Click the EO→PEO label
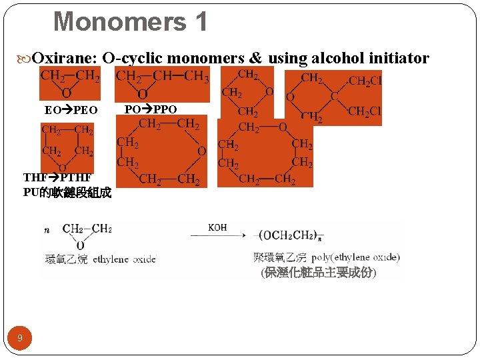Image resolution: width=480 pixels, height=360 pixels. point(71,109)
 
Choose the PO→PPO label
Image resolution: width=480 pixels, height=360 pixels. point(151,109)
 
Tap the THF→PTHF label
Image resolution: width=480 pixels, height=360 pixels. point(57,178)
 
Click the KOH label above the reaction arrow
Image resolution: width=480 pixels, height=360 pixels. point(217,227)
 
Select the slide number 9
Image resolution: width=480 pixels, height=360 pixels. point(20,338)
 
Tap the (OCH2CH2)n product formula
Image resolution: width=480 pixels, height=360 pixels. point(291,235)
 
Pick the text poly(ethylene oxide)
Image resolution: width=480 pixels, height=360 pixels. point(356,257)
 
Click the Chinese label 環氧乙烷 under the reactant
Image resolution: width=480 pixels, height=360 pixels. point(65,259)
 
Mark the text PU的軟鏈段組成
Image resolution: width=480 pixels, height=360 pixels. point(67,193)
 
